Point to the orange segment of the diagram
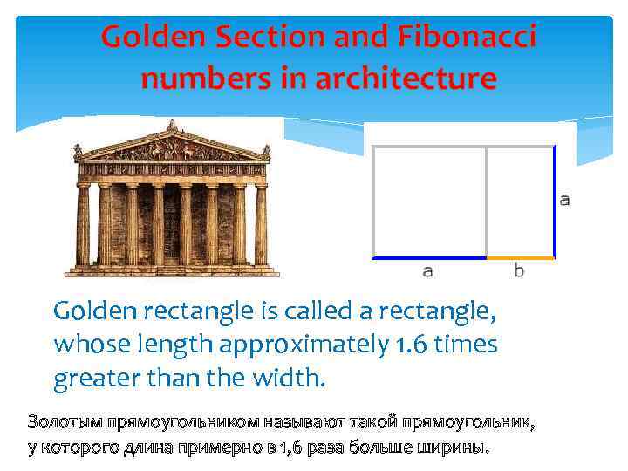(x=520, y=258)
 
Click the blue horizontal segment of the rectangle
(x=429, y=258)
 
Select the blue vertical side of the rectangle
(x=555, y=201)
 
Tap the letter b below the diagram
(x=519, y=271)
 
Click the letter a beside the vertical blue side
(x=564, y=200)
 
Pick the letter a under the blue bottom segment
(x=427, y=271)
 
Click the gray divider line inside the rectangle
(x=486, y=201)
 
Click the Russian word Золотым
(x=65, y=423)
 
